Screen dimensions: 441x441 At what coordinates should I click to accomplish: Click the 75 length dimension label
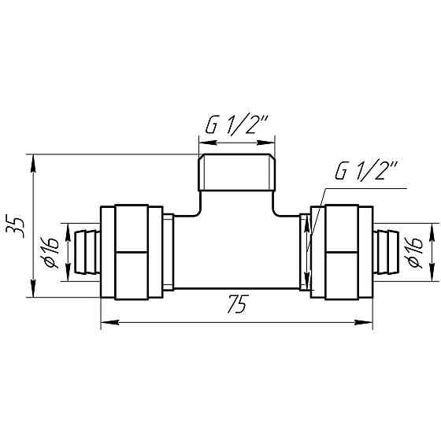pos(238,304)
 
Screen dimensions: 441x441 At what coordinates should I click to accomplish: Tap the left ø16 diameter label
pos(51,252)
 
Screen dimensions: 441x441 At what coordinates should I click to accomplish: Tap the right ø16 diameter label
pos(414,252)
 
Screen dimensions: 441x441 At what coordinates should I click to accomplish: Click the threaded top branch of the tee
pos(236,172)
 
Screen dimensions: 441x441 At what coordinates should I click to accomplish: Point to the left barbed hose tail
pos(87,252)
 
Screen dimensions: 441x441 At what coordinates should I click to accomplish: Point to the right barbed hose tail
pos(386,252)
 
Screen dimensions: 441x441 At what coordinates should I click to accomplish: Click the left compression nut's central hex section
pos(132,252)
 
